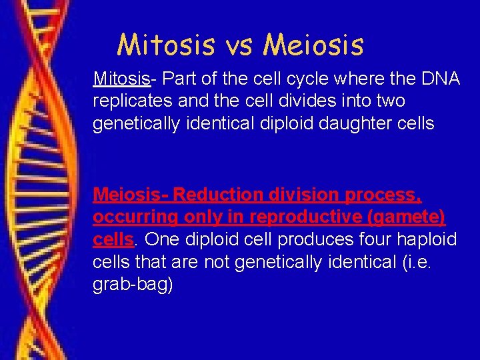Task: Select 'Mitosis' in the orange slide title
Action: click(x=167, y=45)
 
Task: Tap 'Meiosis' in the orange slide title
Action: click(x=313, y=45)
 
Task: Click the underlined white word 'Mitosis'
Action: click(x=122, y=79)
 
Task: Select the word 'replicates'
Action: click(x=127, y=102)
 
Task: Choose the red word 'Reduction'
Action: click(x=219, y=195)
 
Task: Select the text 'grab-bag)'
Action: click(x=133, y=285)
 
